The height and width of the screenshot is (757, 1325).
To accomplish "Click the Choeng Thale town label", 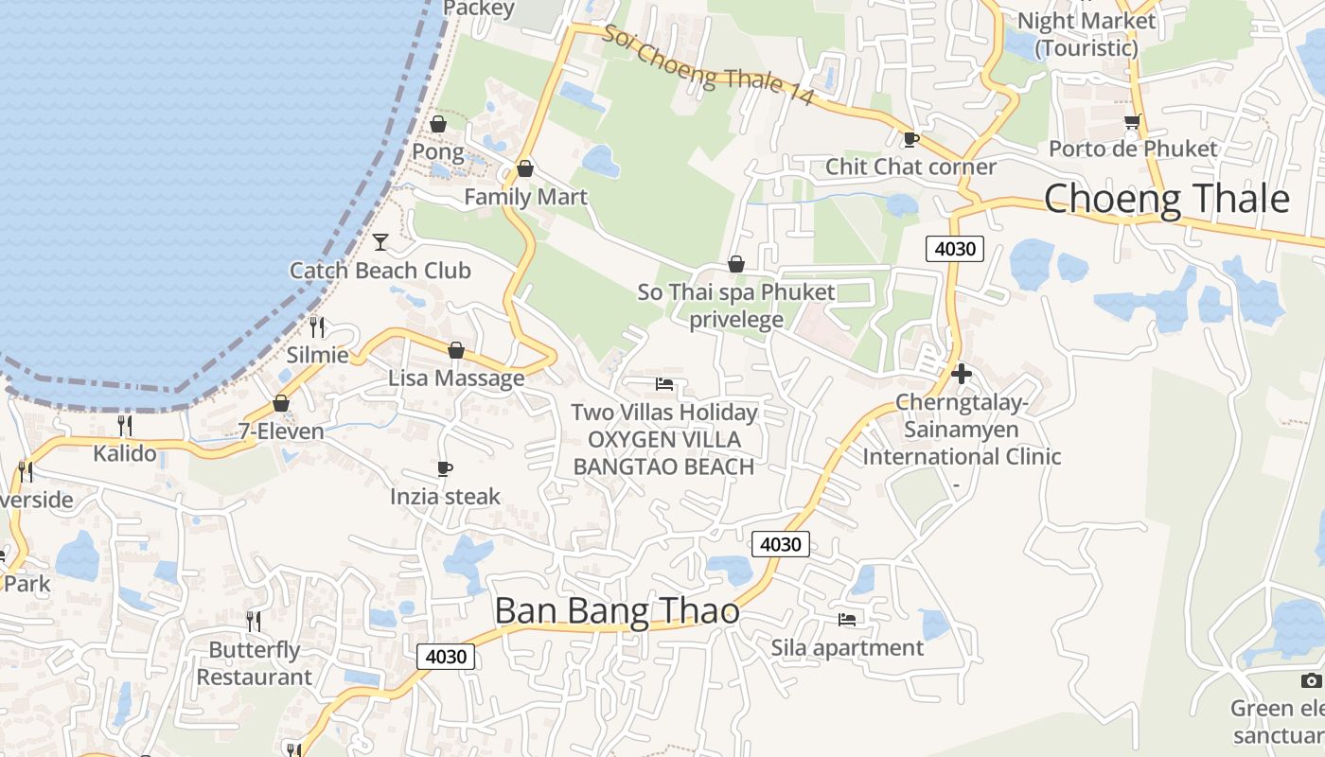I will click(1166, 200).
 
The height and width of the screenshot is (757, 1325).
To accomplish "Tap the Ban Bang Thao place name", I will click(617, 610).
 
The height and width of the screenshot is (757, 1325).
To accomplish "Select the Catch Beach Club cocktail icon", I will click(380, 242).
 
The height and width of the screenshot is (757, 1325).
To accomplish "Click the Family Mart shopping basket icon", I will click(525, 169).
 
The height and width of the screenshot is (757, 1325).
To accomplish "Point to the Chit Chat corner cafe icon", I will click(910, 139).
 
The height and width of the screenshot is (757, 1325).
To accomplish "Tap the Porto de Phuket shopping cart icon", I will click(1132, 122).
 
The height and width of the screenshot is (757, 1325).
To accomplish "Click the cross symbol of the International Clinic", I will click(962, 374).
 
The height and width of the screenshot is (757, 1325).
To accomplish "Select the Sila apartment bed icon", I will click(847, 620).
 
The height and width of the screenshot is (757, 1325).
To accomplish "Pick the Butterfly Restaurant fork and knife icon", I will click(254, 621).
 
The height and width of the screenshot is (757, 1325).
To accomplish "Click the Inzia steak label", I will click(445, 497).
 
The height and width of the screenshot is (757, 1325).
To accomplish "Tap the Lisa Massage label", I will click(456, 378).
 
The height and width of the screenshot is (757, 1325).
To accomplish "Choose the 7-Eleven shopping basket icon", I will click(281, 404).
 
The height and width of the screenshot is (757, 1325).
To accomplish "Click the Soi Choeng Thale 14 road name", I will click(708, 64).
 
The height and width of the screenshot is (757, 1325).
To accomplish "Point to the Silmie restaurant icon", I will click(317, 327).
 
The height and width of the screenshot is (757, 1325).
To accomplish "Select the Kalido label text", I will click(125, 453).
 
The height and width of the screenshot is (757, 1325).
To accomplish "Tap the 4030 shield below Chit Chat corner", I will click(955, 249).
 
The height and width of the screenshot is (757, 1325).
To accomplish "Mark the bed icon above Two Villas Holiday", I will click(664, 384).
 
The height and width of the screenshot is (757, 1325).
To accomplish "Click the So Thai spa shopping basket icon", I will click(736, 264).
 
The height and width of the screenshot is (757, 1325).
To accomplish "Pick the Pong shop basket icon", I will click(438, 124).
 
